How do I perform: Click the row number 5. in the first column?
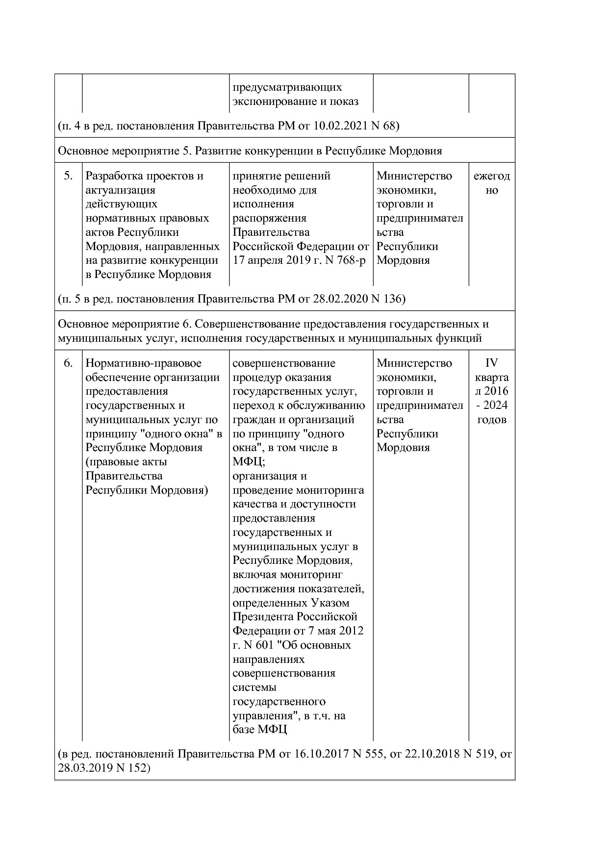[x=69, y=176]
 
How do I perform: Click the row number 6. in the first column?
[x=69, y=363]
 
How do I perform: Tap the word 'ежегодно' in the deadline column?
[x=491, y=183]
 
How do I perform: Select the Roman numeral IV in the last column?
[x=491, y=363]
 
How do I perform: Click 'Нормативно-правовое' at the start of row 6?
[x=143, y=363]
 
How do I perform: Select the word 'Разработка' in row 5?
[x=113, y=176]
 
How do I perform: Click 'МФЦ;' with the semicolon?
[x=249, y=462]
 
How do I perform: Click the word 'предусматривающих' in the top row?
[x=287, y=87]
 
